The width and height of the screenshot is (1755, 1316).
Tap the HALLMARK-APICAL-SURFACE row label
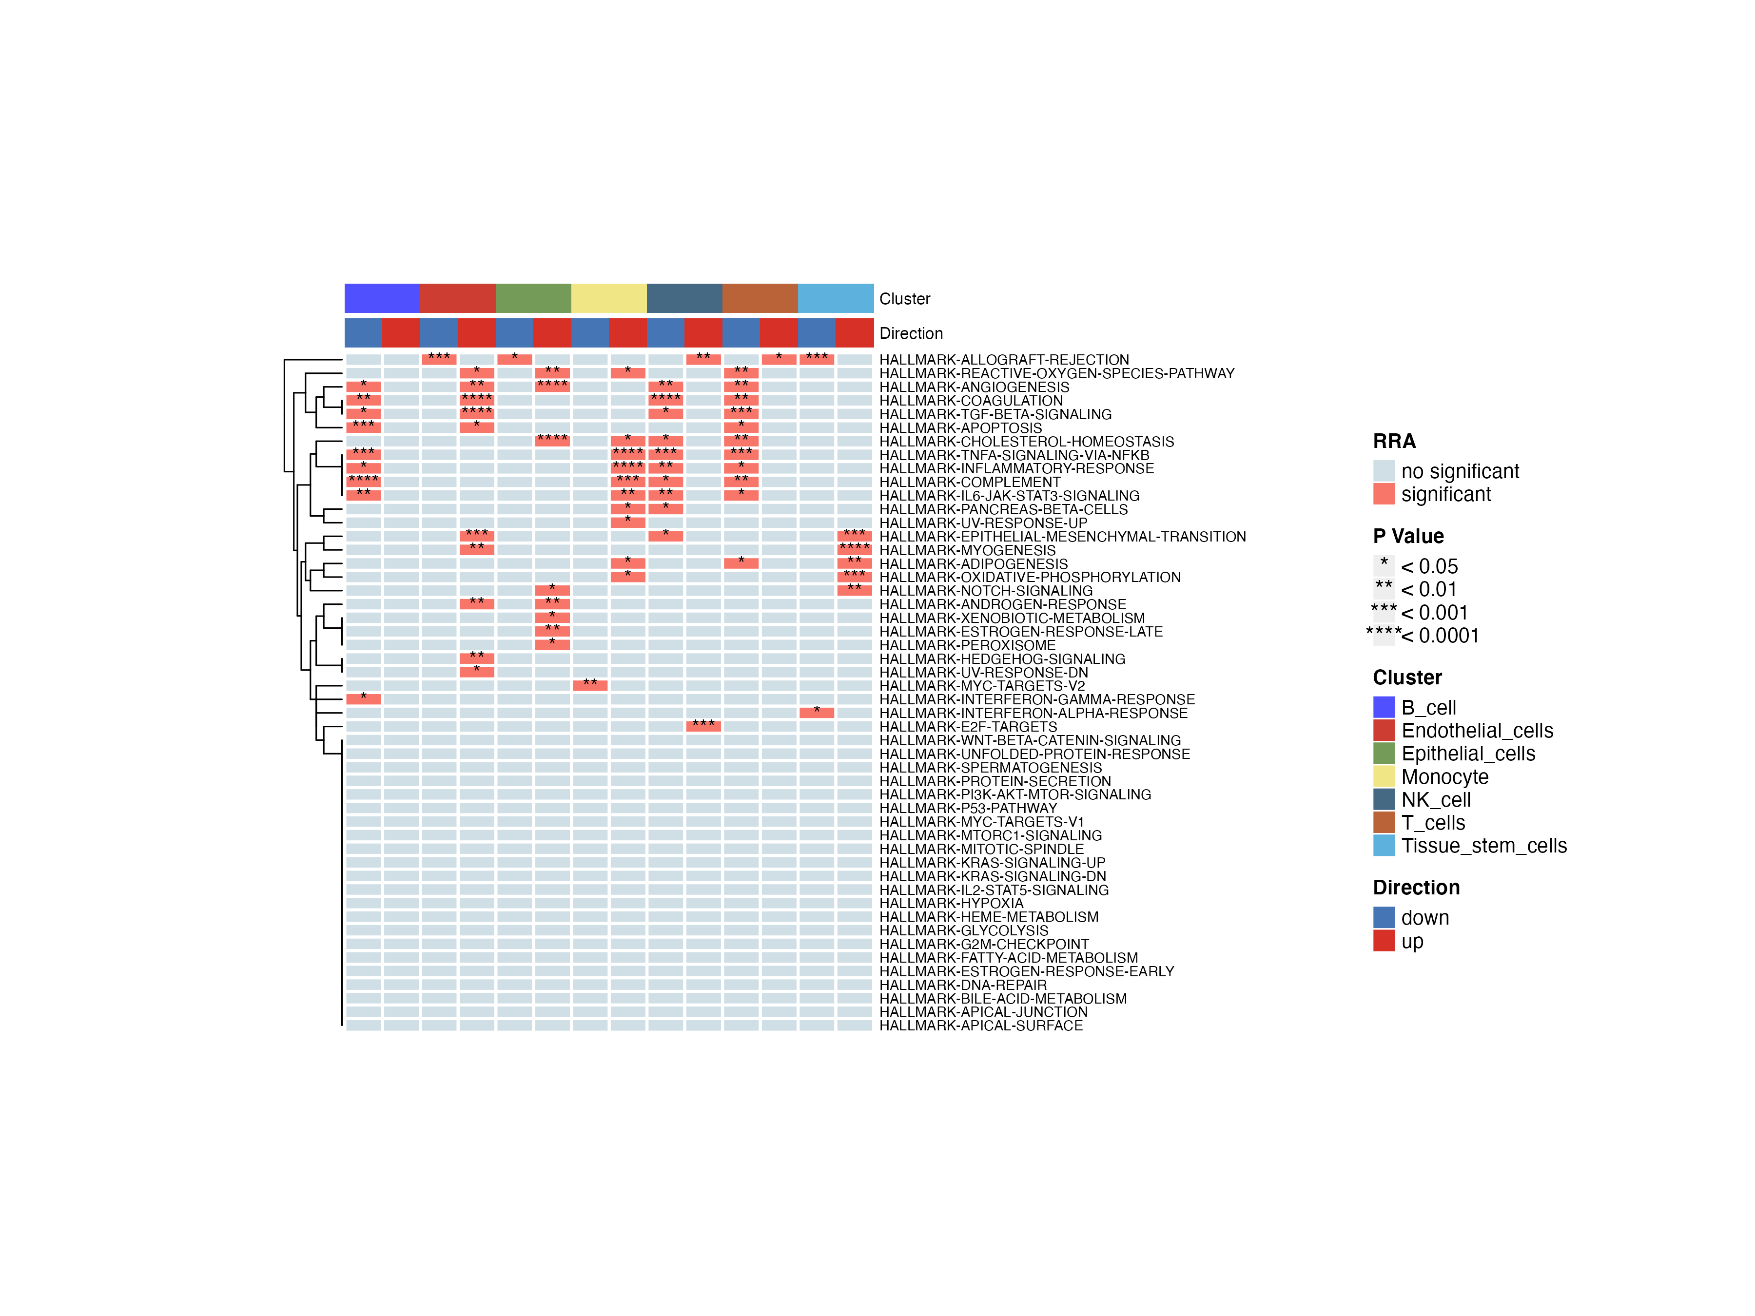point(981,1026)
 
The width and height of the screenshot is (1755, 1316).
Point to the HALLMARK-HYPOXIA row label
point(951,904)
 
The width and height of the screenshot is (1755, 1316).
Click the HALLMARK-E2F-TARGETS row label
point(968,727)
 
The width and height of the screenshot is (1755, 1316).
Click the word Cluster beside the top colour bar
point(904,299)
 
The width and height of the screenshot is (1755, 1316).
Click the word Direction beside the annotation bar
point(911,333)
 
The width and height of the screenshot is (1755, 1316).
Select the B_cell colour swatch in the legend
point(1384,707)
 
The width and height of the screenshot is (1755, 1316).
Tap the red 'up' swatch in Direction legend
point(1384,941)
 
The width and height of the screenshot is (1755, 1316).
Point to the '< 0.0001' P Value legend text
point(1439,636)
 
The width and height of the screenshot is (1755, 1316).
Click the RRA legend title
point(1394,441)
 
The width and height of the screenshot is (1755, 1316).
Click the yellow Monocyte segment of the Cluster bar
point(608,298)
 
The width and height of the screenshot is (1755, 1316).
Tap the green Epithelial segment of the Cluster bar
point(533,298)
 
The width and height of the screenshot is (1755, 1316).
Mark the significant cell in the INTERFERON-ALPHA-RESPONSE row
point(817,712)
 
